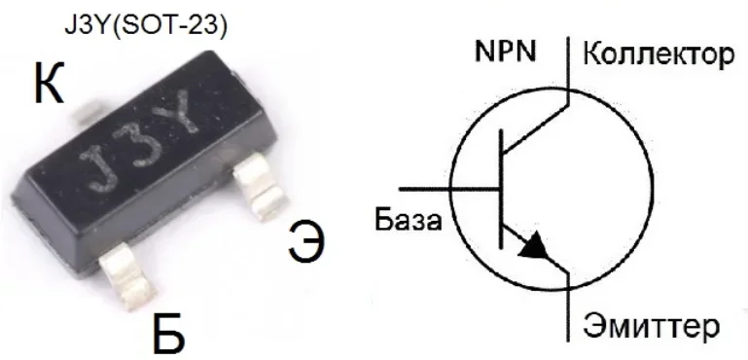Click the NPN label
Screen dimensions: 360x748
(504, 52)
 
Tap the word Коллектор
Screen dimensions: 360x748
(658, 54)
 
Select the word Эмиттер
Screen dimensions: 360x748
(652, 324)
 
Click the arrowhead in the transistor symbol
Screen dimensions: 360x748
(534, 247)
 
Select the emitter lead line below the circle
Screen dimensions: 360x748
(566, 311)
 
